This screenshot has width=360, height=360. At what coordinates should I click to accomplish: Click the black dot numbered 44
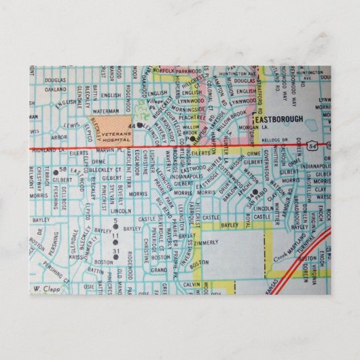139,125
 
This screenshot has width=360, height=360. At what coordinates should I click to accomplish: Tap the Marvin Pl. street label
108,151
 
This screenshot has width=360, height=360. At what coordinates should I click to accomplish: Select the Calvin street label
193,285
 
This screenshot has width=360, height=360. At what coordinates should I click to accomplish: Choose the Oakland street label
55,89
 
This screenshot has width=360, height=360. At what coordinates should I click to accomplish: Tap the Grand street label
159,270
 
